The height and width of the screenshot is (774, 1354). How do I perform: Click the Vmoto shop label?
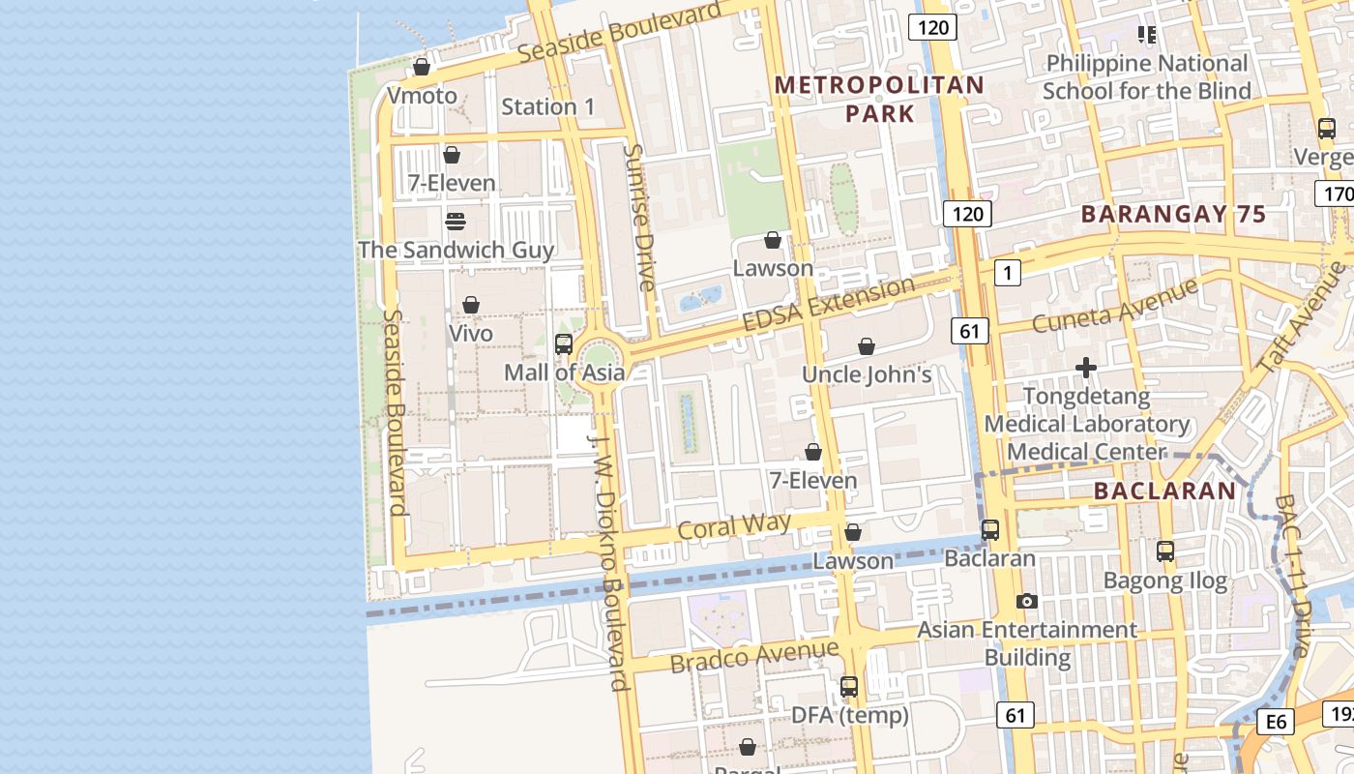(422, 95)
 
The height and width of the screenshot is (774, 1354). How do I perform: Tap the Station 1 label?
(548, 106)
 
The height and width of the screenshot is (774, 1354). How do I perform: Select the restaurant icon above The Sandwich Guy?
(456, 222)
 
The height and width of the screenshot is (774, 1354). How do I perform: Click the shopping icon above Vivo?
(471, 305)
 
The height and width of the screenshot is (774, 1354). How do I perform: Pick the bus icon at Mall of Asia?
(563, 343)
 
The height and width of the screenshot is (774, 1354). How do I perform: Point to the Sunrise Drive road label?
(640, 217)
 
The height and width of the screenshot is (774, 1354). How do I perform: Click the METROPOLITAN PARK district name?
(879, 99)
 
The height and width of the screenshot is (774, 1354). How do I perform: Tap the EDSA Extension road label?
(828, 303)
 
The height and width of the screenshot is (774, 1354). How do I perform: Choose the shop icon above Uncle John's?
(867, 346)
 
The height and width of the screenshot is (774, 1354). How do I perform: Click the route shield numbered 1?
(1008, 274)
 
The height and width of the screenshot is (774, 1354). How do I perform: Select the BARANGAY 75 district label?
(1173, 214)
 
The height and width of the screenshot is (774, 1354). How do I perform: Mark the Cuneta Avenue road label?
(1114, 304)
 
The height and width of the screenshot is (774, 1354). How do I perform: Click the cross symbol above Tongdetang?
(1086, 368)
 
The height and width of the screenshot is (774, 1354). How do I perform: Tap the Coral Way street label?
(734, 526)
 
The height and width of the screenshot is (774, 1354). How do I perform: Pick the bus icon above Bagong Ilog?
(1165, 551)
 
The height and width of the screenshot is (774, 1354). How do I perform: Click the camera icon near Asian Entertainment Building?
(1027, 601)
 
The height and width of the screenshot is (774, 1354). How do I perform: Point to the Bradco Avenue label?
(753, 657)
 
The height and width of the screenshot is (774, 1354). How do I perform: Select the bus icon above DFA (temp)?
(849, 687)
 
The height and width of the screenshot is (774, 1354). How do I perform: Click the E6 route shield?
(1277, 721)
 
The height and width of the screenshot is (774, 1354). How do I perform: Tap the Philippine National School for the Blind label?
(1146, 77)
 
